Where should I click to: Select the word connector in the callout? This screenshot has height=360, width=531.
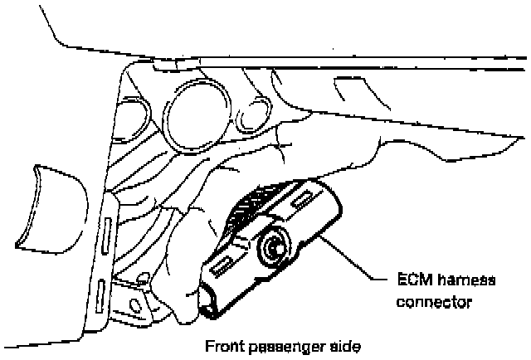(436, 302)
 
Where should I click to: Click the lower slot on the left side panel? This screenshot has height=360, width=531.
(100, 294)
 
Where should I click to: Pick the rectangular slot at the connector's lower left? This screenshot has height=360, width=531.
(222, 263)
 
